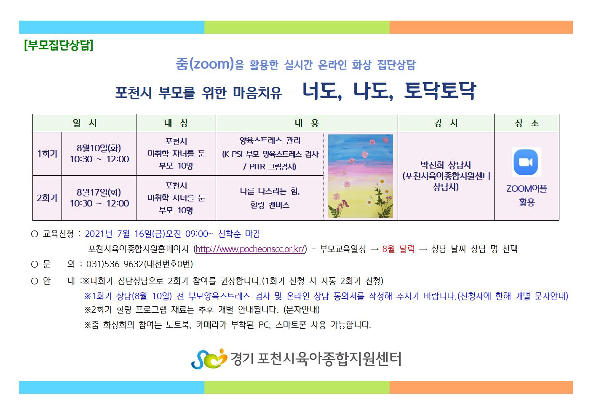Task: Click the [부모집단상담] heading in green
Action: click(x=59, y=45)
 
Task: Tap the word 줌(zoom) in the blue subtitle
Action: click(x=205, y=64)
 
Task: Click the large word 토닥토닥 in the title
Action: click(x=440, y=91)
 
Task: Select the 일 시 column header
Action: click(x=84, y=123)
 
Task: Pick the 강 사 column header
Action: click(x=446, y=123)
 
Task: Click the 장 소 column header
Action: click(x=527, y=123)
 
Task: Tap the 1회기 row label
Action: click(x=47, y=153)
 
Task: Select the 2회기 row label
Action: click(x=47, y=198)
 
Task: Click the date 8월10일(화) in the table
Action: click(x=99, y=148)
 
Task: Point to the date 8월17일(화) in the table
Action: click(x=99, y=193)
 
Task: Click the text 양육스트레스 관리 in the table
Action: click(x=270, y=141)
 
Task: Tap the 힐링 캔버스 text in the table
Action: click(x=270, y=205)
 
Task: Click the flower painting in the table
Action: click(x=361, y=176)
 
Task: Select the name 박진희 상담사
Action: click(x=446, y=165)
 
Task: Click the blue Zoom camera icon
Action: click(x=526, y=162)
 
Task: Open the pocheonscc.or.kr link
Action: click(x=250, y=249)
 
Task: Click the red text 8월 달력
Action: click(x=398, y=249)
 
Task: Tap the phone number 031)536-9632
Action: click(x=115, y=264)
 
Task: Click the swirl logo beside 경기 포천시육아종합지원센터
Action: click(x=209, y=359)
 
